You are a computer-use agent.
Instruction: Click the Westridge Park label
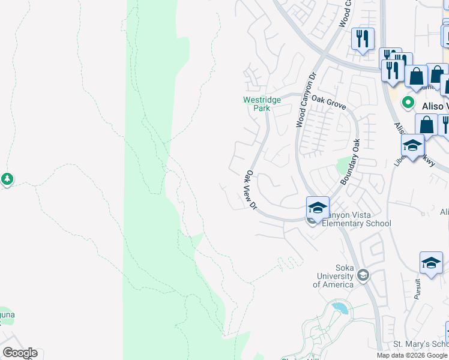tap(261, 104)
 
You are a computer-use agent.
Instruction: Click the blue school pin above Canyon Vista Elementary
tap(318, 208)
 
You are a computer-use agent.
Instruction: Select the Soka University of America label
tap(336, 280)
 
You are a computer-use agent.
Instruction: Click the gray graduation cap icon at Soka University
tap(363, 275)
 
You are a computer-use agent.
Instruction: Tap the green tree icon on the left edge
tap(7, 179)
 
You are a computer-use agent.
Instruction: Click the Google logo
tap(20, 353)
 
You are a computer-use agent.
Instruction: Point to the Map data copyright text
tap(412, 355)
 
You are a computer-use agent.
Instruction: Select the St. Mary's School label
tap(420, 344)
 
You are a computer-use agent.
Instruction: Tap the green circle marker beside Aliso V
tap(409, 103)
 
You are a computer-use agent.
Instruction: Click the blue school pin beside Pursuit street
tap(431, 263)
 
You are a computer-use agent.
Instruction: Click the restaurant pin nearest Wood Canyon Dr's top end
tap(363, 39)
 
